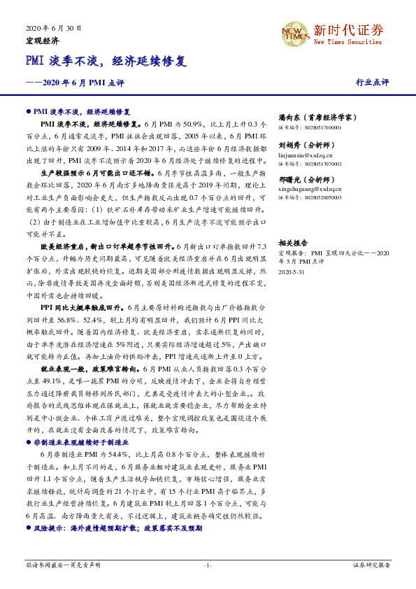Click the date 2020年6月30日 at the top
[54, 29]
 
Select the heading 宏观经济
[42, 41]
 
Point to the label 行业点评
[372, 82]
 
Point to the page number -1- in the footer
[208, 564]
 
